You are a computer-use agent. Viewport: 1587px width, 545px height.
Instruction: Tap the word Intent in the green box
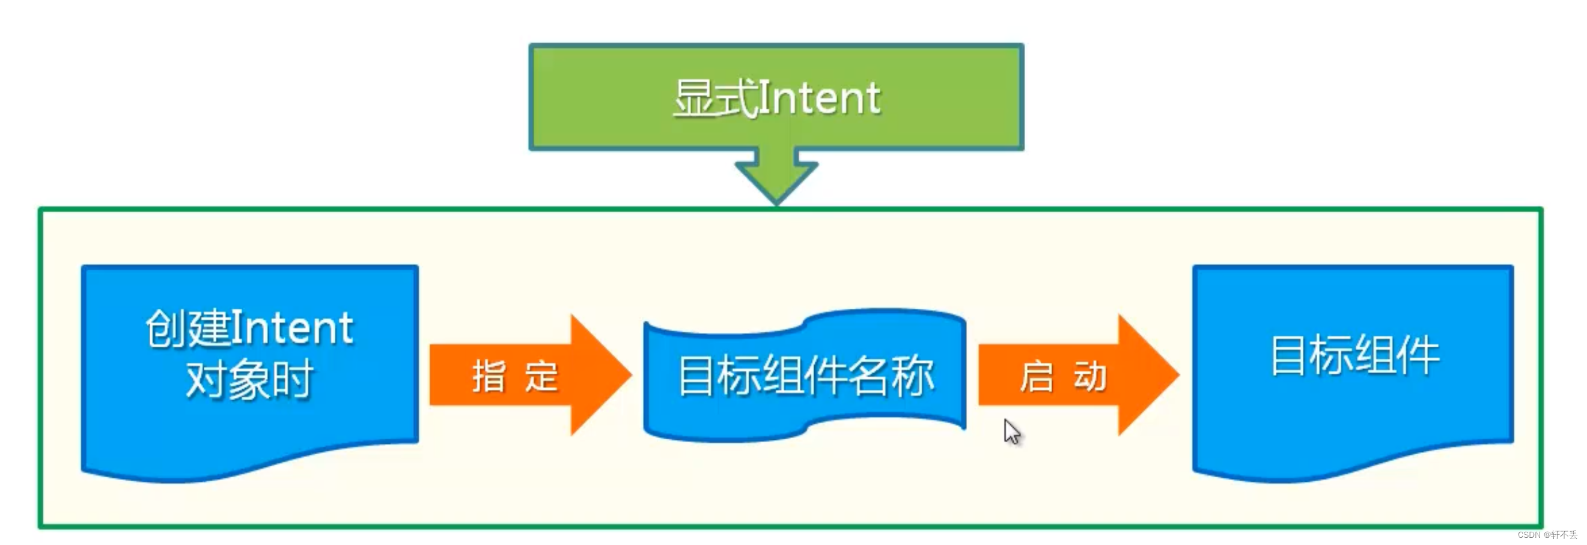(820, 99)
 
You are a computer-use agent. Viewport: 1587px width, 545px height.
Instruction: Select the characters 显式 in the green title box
(714, 99)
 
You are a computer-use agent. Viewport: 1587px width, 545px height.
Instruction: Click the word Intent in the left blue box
(292, 328)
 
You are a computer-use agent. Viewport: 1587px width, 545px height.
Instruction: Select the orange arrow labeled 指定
(530, 375)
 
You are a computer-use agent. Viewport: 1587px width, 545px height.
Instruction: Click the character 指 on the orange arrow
(489, 376)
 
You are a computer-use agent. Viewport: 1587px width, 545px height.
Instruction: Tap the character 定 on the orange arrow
(541, 376)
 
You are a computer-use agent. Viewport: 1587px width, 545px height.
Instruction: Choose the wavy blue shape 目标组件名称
(805, 376)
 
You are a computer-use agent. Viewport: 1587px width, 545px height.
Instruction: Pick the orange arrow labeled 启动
(1078, 375)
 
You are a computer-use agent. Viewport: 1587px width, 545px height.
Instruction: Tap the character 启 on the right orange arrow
(1036, 376)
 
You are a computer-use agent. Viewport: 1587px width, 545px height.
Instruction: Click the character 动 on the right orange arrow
(1090, 376)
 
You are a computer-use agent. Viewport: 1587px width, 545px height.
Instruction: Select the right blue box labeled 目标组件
(1353, 419)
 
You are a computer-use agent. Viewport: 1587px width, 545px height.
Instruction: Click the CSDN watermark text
(1547, 535)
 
